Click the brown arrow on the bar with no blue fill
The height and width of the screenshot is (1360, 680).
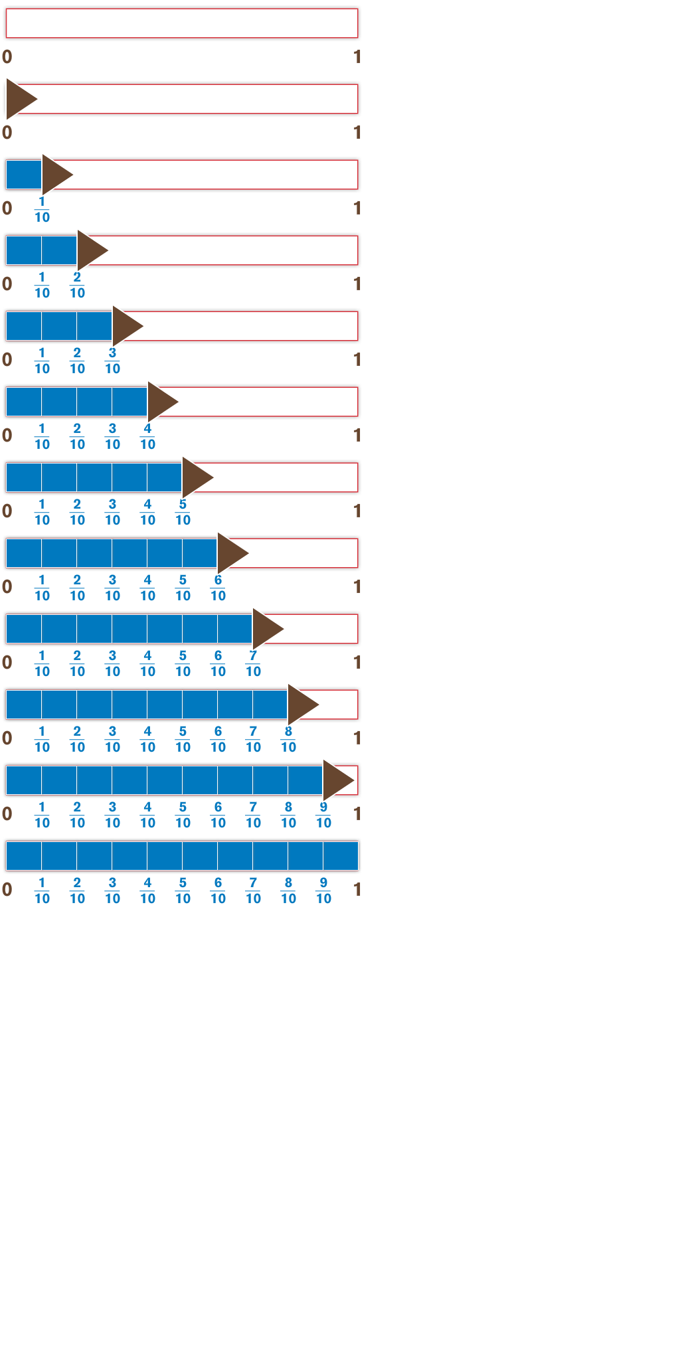(x=19, y=98)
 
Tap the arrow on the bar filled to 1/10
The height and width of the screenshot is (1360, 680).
(x=54, y=174)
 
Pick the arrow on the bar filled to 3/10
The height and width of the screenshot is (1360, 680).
(x=125, y=325)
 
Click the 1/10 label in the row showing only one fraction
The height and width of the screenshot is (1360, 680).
(x=42, y=210)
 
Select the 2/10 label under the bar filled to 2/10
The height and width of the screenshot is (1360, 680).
(x=77, y=286)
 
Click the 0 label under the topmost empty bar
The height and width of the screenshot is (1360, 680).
(x=7, y=57)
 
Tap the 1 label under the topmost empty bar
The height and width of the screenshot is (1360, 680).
(x=357, y=57)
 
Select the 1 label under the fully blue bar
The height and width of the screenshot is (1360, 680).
(x=357, y=890)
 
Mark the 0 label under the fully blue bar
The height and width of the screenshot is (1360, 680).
(x=7, y=890)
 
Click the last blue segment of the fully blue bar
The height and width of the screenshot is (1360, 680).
(x=341, y=855)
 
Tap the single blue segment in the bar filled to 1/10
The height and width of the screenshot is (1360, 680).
(x=24, y=174)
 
